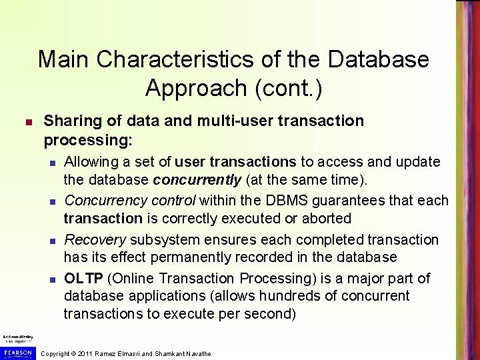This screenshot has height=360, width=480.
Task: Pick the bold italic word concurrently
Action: point(197,179)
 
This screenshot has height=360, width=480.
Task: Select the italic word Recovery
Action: point(95,239)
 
